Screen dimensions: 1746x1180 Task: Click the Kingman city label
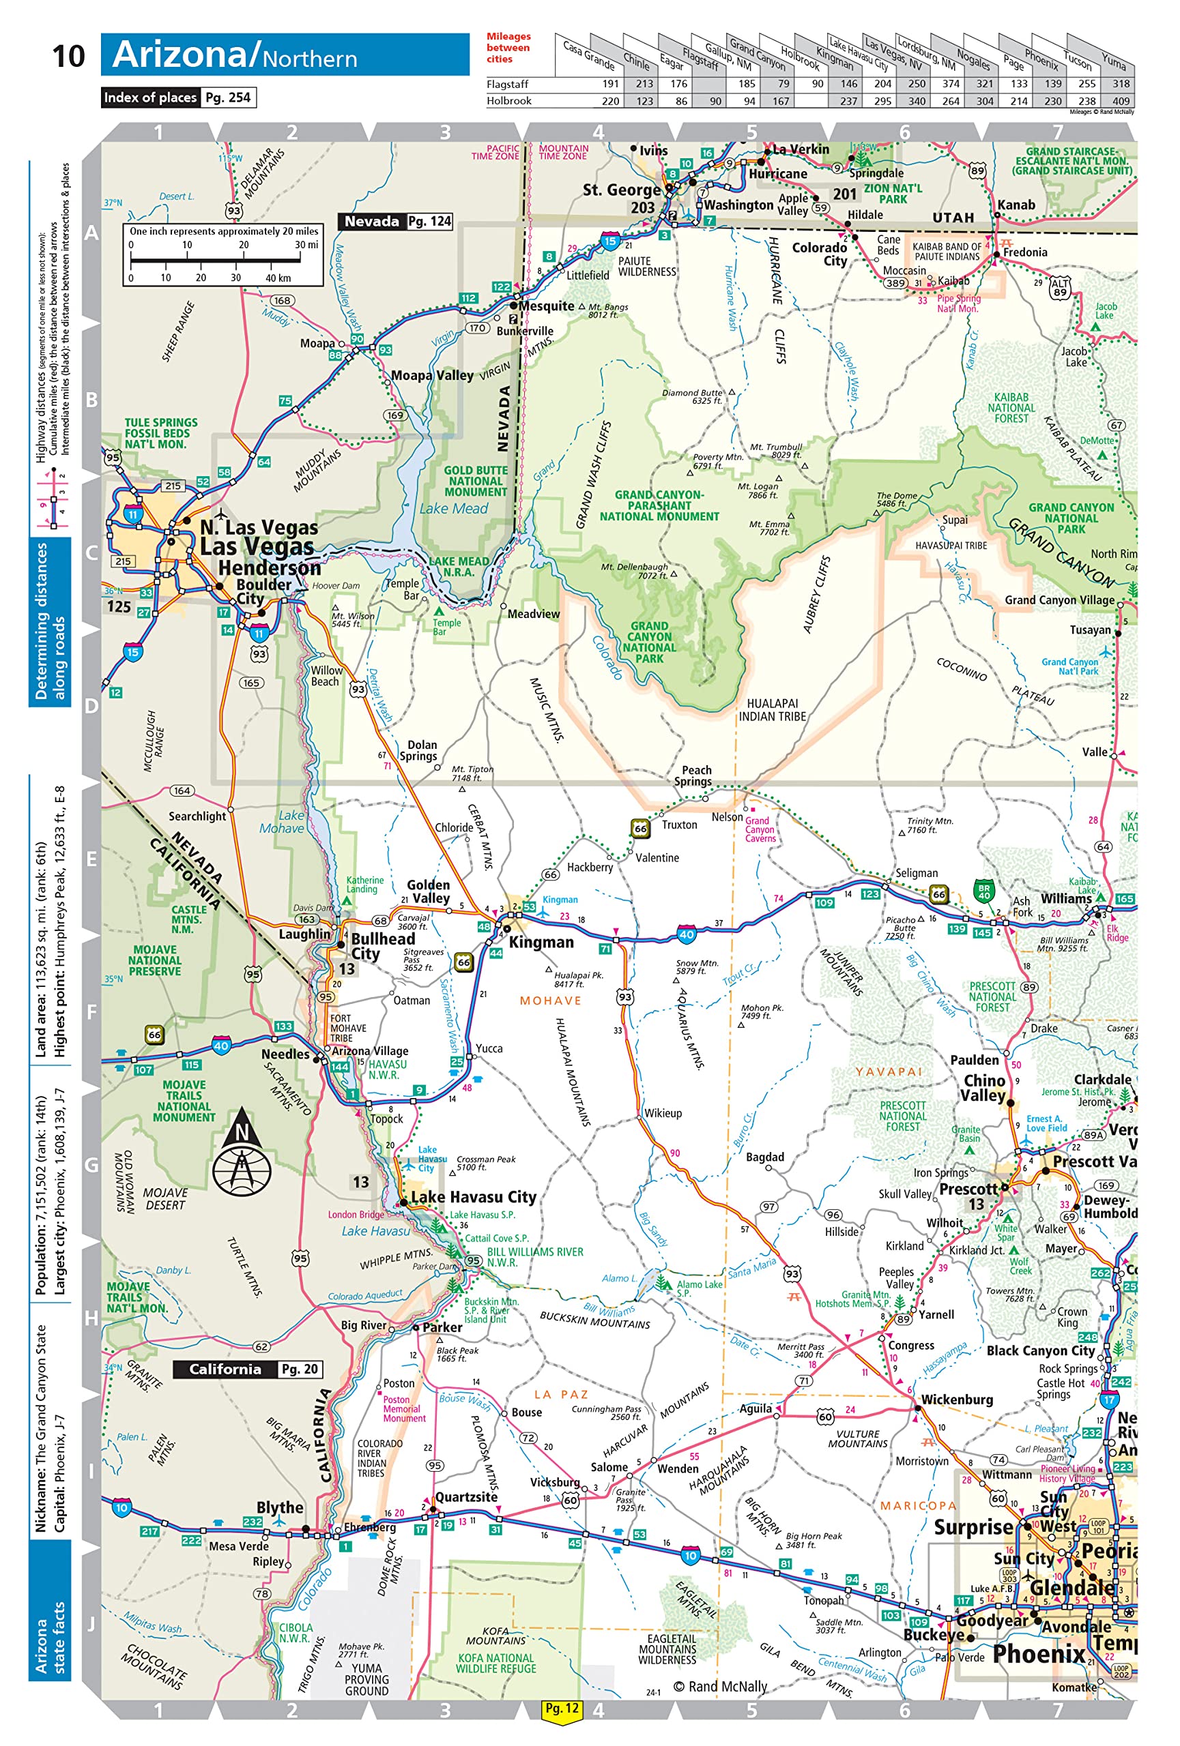tap(541, 942)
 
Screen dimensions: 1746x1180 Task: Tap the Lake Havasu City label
tap(473, 1197)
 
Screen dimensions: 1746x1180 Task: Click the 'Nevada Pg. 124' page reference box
tap(396, 222)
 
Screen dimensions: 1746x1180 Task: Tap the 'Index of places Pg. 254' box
tap(179, 98)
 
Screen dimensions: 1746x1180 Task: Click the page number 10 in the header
tap(68, 57)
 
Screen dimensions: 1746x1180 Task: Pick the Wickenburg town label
tap(956, 1400)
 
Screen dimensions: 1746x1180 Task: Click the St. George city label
tap(621, 190)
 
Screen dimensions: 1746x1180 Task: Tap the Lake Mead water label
tap(453, 509)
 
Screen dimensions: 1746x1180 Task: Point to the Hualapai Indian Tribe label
tap(772, 710)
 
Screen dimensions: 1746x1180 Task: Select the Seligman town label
tap(915, 873)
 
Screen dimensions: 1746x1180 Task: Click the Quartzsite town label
tap(466, 1497)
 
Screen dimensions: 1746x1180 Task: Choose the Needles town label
tap(285, 1054)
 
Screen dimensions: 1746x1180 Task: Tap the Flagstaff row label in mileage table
tap(506, 84)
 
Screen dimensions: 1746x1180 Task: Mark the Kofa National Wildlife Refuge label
tap(496, 1663)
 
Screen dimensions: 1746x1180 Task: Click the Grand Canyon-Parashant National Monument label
tap(659, 505)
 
